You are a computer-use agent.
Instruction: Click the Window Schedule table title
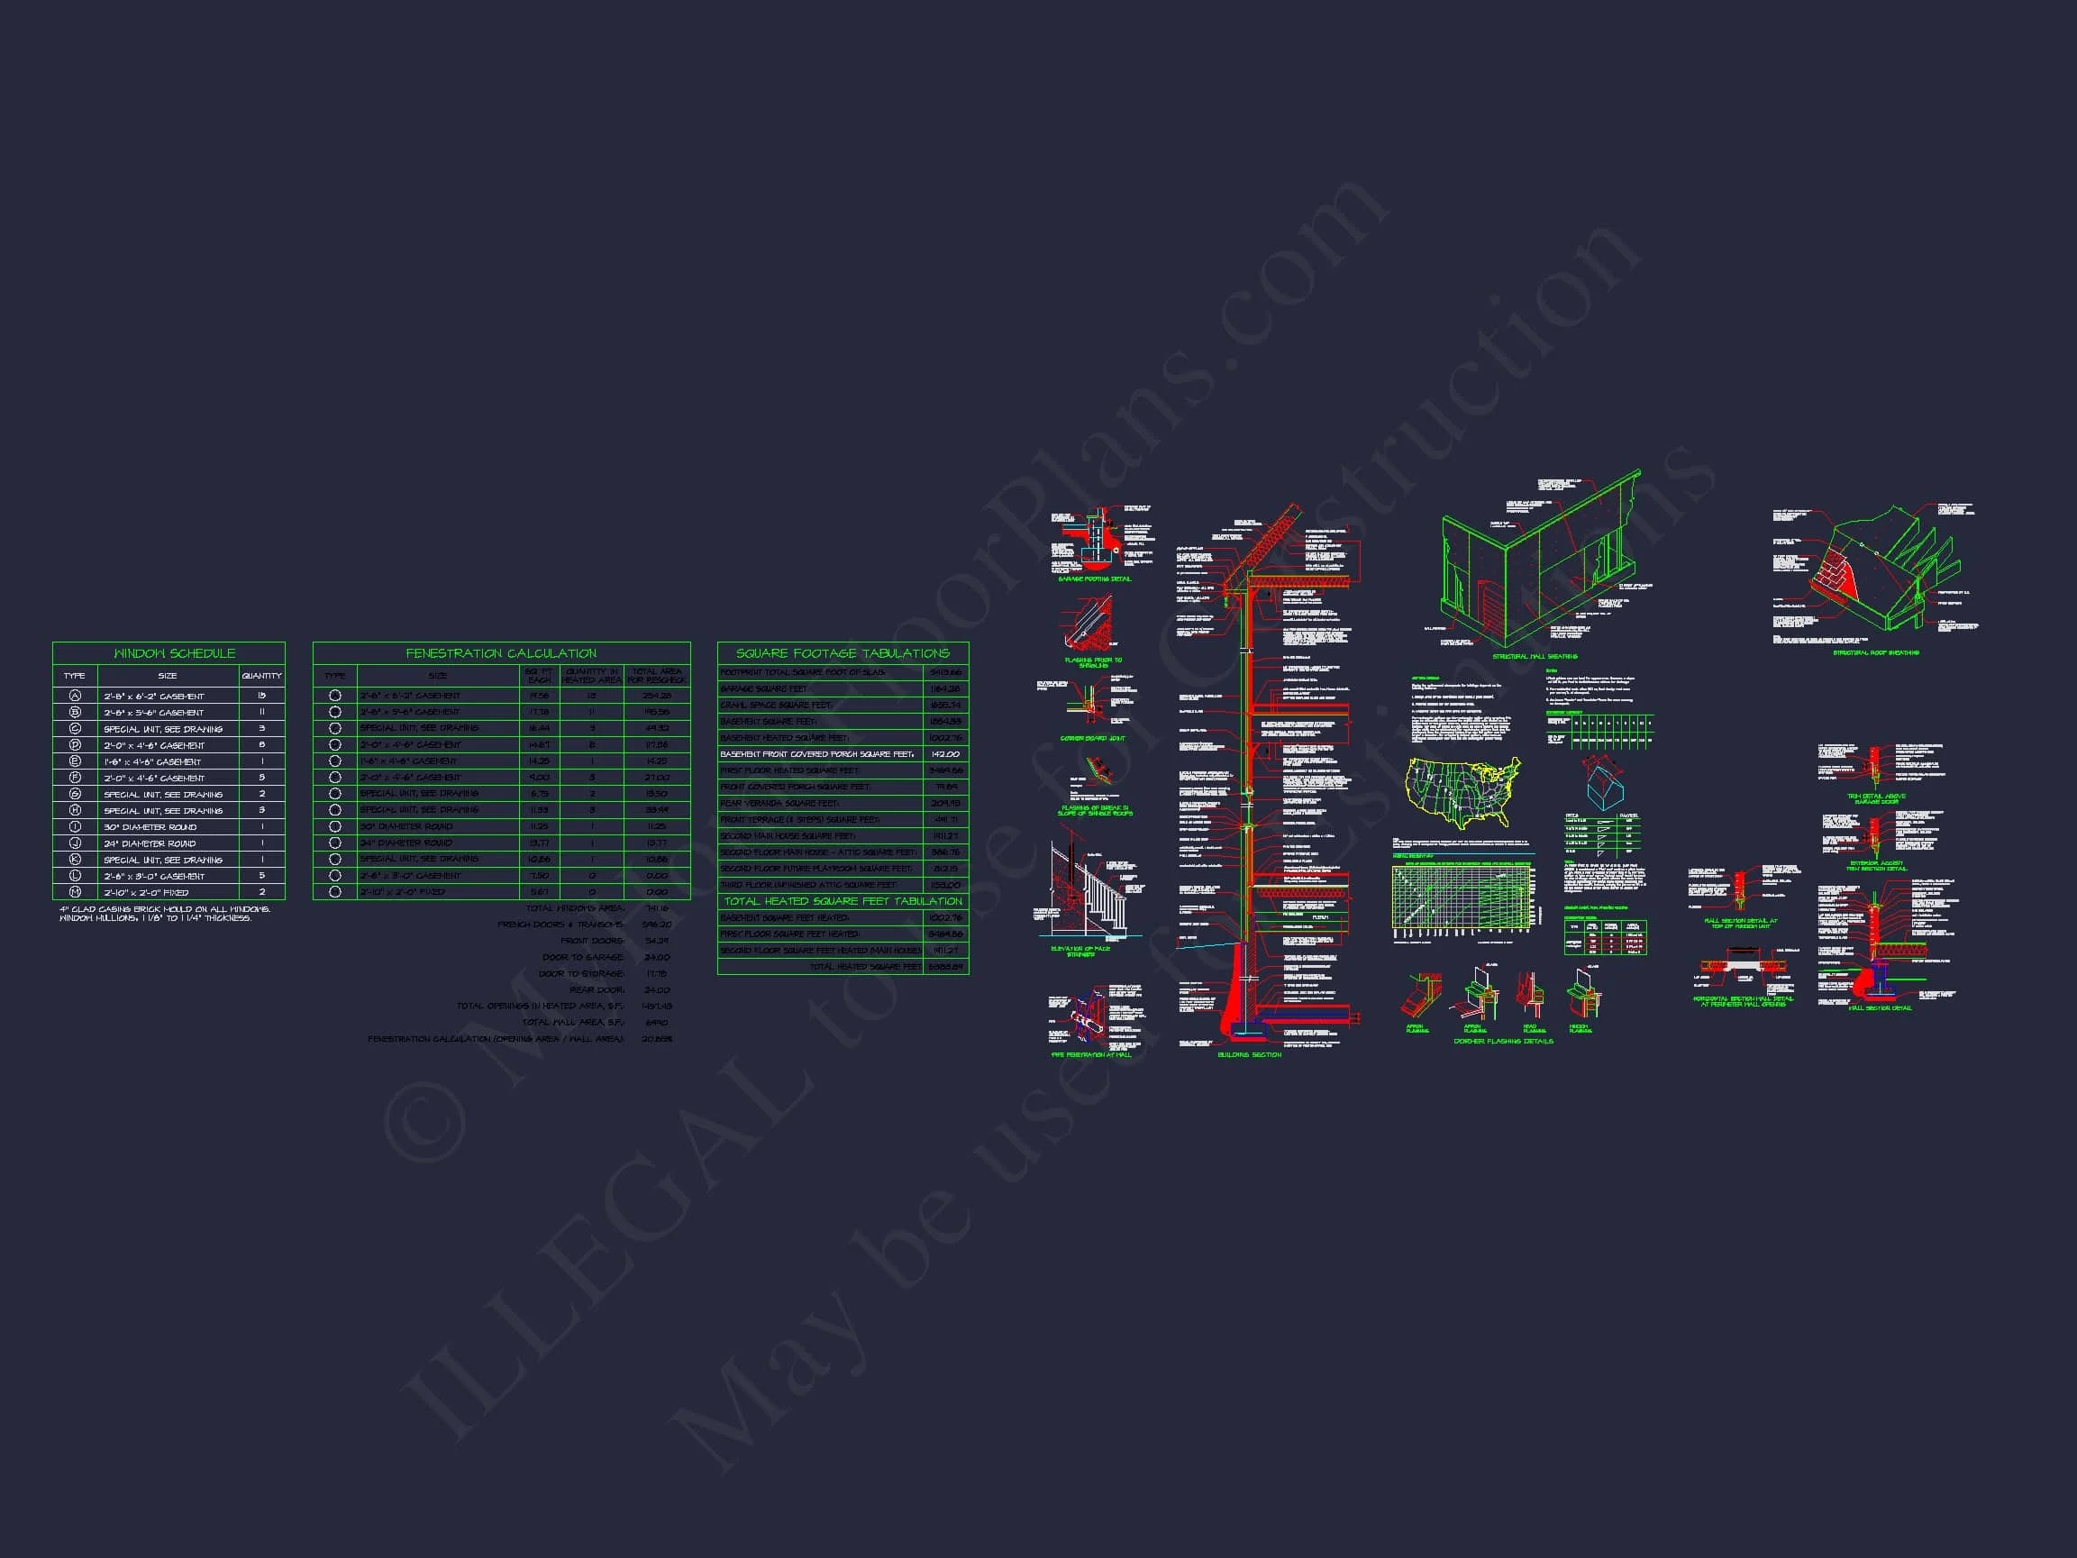click(x=174, y=653)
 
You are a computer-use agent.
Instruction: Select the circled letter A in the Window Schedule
click(x=75, y=696)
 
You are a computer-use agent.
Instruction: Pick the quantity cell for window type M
click(x=262, y=892)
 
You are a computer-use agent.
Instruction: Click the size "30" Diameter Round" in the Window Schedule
click(x=150, y=827)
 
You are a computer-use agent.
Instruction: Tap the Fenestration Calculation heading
click(x=500, y=653)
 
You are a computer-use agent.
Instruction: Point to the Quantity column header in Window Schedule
click(x=261, y=676)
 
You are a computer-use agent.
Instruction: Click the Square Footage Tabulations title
click(x=843, y=653)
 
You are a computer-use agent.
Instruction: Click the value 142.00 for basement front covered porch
click(x=944, y=754)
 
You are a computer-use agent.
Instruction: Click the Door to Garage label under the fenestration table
click(x=582, y=958)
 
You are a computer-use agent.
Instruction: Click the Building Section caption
click(x=1249, y=1054)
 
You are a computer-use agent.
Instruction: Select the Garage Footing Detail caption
click(x=1095, y=579)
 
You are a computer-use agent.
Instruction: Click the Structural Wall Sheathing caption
click(x=1535, y=656)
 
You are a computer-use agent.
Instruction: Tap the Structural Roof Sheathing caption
click(x=1875, y=652)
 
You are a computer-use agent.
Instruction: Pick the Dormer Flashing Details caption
click(x=1502, y=1042)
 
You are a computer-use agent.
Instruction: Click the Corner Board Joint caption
click(x=1092, y=738)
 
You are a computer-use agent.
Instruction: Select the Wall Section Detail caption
click(x=1879, y=1008)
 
